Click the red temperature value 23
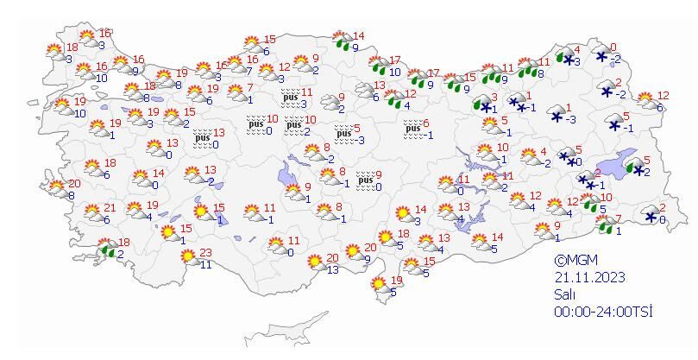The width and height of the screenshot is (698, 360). point(204,253)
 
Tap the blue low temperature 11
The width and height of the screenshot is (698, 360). point(205,265)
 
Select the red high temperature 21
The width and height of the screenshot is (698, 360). point(109,208)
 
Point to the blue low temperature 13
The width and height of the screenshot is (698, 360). point(332,269)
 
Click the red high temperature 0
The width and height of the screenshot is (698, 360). point(613,47)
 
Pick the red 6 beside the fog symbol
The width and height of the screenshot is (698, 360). point(425,123)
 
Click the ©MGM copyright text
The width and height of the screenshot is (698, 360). point(575,261)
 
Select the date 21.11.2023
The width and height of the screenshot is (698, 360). point(590,277)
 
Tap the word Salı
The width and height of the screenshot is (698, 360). point(565,294)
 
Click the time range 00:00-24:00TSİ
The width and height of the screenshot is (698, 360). point(603,311)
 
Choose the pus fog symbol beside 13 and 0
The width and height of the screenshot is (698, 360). point(202,138)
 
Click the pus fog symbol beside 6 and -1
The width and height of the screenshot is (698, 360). point(412,129)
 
